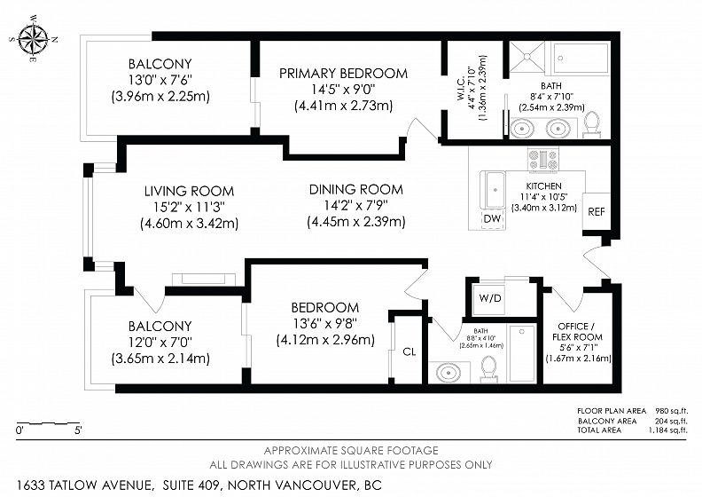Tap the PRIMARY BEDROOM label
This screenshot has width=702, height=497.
click(343, 73)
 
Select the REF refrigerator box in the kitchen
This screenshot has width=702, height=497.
click(597, 211)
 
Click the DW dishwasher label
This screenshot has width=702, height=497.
click(493, 219)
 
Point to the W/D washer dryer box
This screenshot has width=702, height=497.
click(490, 297)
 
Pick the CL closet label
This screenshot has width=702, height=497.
click(409, 351)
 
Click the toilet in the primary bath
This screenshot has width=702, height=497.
click(592, 124)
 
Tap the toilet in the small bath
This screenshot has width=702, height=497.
click(489, 369)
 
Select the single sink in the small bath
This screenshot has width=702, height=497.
click(448, 373)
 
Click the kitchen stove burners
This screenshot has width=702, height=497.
click(543, 160)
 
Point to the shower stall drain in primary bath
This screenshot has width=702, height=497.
click(527, 57)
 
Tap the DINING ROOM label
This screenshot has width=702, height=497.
click(356, 190)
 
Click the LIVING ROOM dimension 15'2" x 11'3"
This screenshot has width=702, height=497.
click(189, 207)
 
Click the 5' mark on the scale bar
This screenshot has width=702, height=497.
click(78, 430)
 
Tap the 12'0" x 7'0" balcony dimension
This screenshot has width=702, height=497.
click(160, 343)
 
